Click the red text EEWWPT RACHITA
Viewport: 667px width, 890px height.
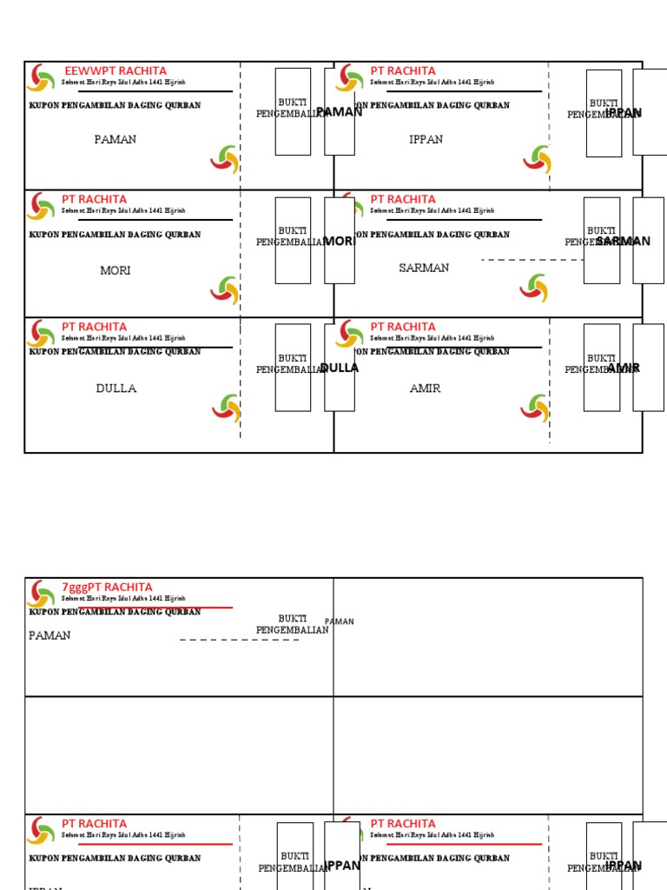coord(116,70)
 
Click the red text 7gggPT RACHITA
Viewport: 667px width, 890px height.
coord(107,587)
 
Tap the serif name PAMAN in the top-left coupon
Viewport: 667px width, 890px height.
coord(116,139)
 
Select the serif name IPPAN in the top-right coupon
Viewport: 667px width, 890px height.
coord(426,139)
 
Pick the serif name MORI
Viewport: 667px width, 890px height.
coord(116,270)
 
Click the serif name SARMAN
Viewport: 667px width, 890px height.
coord(424,268)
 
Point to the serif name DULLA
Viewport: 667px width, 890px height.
coord(116,389)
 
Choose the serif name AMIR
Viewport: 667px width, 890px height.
coord(425,389)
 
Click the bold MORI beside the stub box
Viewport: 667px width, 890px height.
coord(340,242)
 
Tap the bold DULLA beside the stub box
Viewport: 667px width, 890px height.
coord(340,368)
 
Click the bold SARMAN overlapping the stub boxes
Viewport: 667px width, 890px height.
coord(624,242)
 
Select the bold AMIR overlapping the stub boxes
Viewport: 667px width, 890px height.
coord(624,369)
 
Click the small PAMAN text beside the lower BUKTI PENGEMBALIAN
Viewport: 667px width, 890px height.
coord(340,621)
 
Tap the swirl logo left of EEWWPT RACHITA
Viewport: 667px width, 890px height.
coord(41,78)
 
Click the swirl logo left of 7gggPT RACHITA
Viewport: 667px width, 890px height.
coord(41,594)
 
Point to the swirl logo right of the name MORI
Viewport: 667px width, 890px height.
coord(224,289)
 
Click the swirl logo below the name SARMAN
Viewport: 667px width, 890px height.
coord(535,288)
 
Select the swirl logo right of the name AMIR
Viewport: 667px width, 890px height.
coord(536,408)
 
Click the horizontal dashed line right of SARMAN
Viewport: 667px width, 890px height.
coord(532,260)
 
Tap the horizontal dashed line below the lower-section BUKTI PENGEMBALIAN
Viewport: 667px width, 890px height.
coord(240,640)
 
